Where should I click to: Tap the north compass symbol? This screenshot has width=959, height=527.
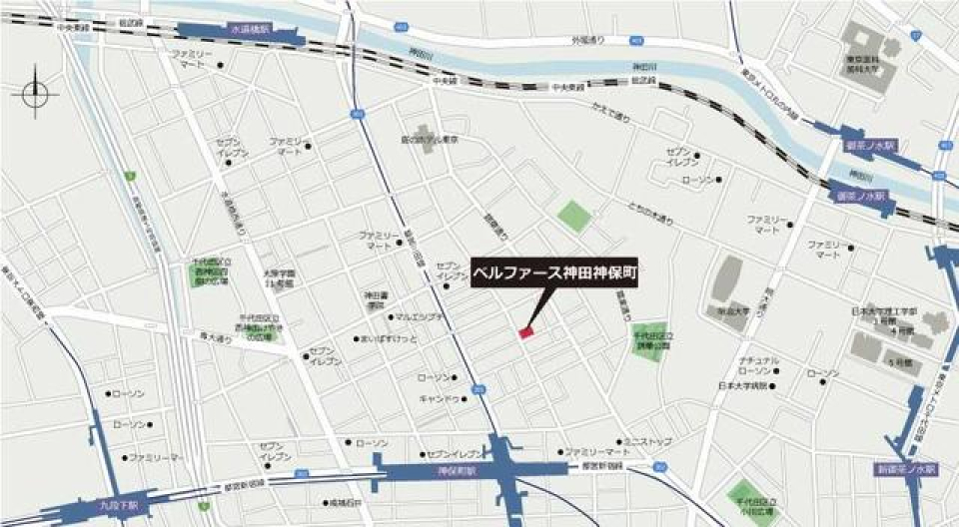pyautogui.click(x=35, y=93)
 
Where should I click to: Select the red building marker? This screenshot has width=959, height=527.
pyautogui.click(x=527, y=332)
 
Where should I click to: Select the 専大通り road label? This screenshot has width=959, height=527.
pyautogui.click(x=215, y=339)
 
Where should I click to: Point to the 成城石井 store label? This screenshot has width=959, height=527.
pyautogui.click(x=346, y=503)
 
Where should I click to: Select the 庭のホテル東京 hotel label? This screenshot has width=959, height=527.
pyautogui.click(x=428, y=141)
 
